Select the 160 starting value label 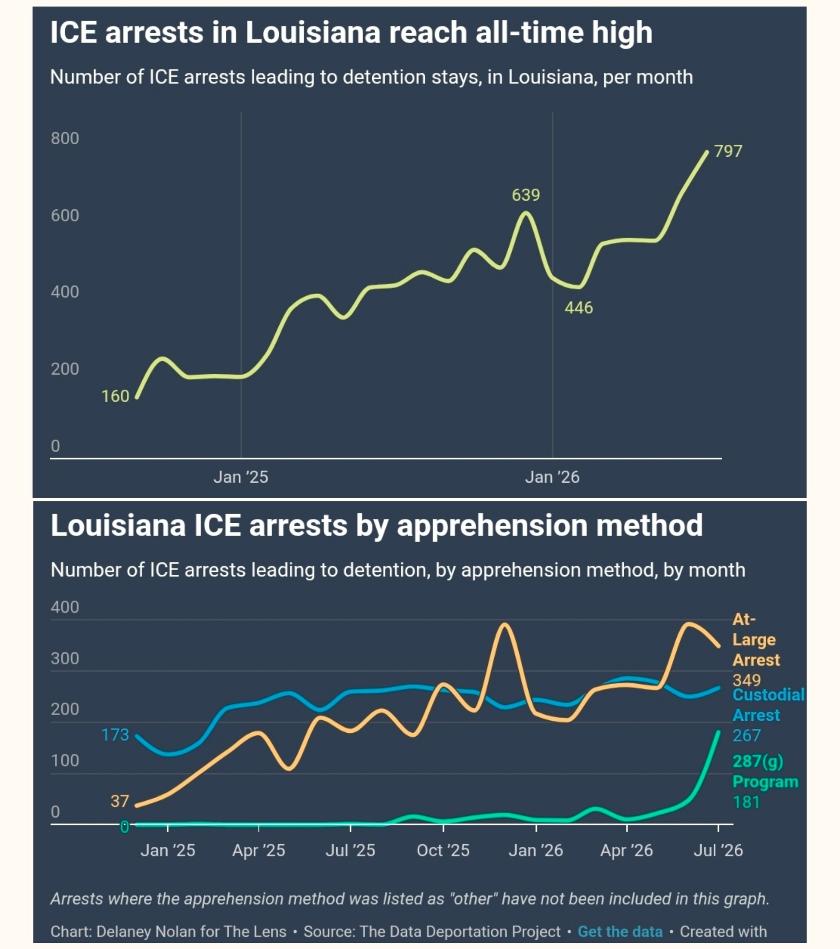pyautogui.click(x=115, y=396)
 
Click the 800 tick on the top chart pyautogui.click(x=65, y=138)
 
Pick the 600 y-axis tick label pyautogui.click(x=65, y=215)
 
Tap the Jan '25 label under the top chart pyautogui.click(x=241, y=477)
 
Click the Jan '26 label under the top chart pyautogui.click(x=552, y=477)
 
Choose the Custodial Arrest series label pyautogui.click(x=769, y=705)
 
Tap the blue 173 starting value pyautogui.click(x=115, y=735)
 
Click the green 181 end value pyautogui.click(x=746, y=802)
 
